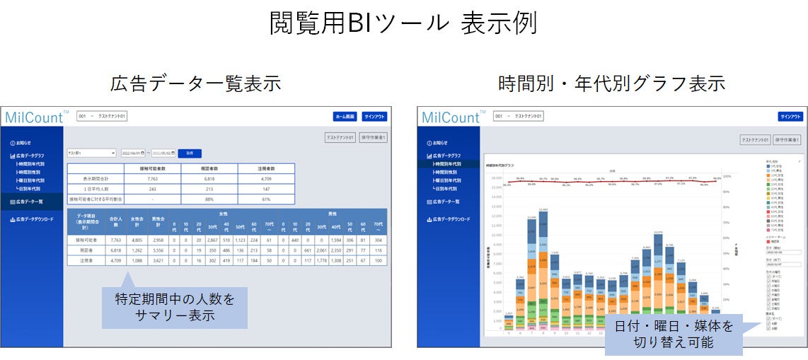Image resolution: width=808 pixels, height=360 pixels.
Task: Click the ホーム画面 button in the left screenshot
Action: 345,117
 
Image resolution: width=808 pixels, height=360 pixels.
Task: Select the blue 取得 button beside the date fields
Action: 189,153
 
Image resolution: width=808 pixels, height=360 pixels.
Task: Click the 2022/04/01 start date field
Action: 133,153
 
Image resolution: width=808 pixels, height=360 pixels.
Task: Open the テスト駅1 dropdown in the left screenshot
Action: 91,153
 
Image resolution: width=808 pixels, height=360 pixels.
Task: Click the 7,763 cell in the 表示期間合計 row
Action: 153,179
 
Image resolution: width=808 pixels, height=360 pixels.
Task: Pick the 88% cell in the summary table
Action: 209,199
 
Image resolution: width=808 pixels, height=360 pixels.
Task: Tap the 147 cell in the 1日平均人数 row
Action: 266,189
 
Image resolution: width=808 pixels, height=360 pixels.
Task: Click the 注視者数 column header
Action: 266,168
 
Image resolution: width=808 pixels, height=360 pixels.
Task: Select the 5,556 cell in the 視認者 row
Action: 160,250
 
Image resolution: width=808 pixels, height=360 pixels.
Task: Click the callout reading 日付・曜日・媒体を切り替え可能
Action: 673,334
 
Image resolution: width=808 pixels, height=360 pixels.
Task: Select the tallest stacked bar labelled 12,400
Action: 543,269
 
